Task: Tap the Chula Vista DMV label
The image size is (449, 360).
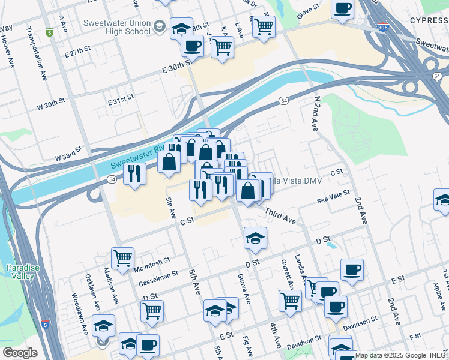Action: click(x=297, y=181)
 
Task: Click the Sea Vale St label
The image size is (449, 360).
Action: click(x=333, y=194)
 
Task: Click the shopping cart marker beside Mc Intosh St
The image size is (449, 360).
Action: click(x=122, y=258)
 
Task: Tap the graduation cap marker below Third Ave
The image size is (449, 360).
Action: click(x=255, y=238)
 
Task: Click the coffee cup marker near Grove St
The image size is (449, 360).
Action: click(x=342, y=8)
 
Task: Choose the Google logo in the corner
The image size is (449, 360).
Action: click(x=19, y=353)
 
